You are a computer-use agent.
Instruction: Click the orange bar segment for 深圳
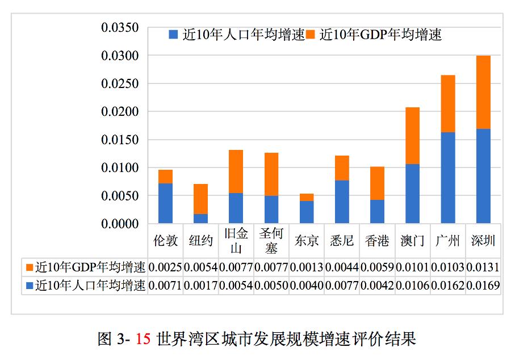pos(483,92)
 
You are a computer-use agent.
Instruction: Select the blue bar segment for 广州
pos(448,178)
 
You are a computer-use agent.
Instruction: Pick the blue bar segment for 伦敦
pos(165,203)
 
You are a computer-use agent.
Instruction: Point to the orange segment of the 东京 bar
pos(307,197)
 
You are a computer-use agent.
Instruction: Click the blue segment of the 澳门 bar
pos(413,194)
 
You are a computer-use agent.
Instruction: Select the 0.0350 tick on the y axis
pos(120,28)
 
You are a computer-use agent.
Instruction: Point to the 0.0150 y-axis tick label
pos(120,140)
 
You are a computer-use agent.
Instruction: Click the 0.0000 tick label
pos(120,224)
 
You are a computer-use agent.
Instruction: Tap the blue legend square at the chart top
pos(173,35)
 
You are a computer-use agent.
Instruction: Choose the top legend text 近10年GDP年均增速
pos(380,35)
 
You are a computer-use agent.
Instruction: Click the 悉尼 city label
pos(341,241)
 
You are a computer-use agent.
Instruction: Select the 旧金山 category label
pos(236,241)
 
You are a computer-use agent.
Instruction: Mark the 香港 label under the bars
pos(377,241)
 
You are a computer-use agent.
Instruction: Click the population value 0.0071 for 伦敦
pos(165,285)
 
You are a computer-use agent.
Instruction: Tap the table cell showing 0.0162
pos(448,285)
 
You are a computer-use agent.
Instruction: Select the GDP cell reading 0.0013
pos(307,266)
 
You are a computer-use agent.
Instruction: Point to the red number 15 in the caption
pos(144,340)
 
